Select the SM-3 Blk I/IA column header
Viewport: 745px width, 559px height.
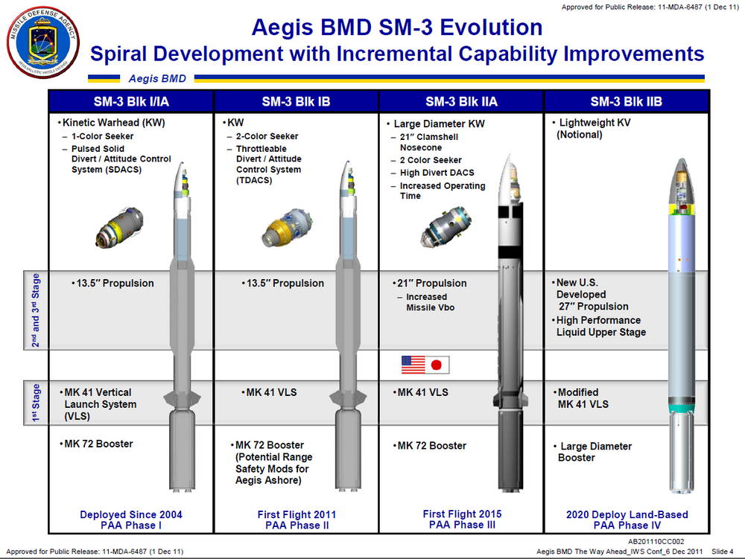(131, 101)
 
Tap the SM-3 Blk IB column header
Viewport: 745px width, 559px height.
(296, 101)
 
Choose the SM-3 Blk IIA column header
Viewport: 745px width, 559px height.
(461, 101)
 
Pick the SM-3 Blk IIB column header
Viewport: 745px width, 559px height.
(626, 101)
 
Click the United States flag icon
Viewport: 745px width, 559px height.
(413, 365)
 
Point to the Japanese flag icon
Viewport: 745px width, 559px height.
(438, 365)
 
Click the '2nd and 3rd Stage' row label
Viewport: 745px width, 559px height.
(36, 311)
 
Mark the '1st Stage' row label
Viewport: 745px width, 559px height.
(36, 403)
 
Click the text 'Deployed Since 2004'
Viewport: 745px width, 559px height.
(131, 514)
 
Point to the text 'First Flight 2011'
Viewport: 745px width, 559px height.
(297, 514)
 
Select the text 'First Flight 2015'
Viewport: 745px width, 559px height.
(462, 514)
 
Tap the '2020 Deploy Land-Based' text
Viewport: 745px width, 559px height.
(627, 514)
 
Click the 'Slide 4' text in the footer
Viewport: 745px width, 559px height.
(720, 551)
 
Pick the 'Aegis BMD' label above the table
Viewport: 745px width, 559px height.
(157, 78)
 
